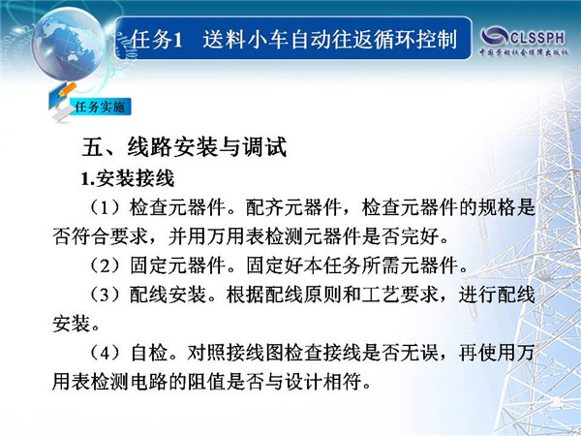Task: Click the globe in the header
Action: click(68, 44)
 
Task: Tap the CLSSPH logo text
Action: click(537, 38)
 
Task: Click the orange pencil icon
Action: click(67, 89)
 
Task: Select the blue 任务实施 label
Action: click(100, 108)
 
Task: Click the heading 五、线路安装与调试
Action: click(184, 147)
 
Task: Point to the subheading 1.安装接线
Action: click(128, 178)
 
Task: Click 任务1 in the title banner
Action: click(157, 40)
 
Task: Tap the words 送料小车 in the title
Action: click(246, 40)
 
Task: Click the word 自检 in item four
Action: click(149, 353)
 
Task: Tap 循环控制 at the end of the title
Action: click(414, 40)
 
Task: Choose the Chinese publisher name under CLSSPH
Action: click(524, 52)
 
